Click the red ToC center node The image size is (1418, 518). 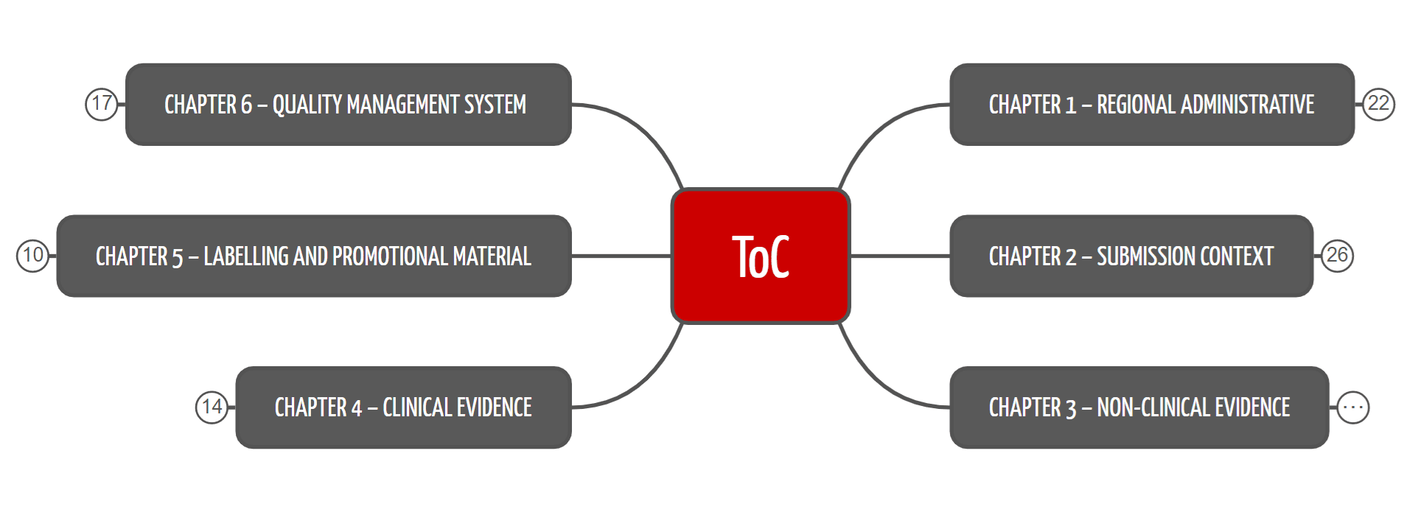coord(761,256)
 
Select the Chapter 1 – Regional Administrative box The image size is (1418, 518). coord(1151,105)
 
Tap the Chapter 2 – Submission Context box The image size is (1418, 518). coord(1131,256)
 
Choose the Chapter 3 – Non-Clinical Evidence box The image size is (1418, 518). coord(1139,407)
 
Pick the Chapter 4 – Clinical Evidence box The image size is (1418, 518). coord(403,407)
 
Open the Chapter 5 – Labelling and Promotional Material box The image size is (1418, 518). coord(313,256)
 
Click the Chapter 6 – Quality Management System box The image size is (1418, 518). coord(348,105)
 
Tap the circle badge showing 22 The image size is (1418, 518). coord(1378,104)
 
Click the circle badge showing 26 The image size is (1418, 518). coord(1337,256)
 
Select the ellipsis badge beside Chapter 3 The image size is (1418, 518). coord(1353,407)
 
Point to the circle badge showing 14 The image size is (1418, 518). coord(212,407)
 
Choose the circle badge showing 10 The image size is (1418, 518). coord(32,256)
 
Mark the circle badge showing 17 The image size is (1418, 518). coord(102,104)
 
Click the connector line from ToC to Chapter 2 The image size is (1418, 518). coord(900,256)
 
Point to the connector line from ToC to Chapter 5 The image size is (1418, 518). coord(621,256)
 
